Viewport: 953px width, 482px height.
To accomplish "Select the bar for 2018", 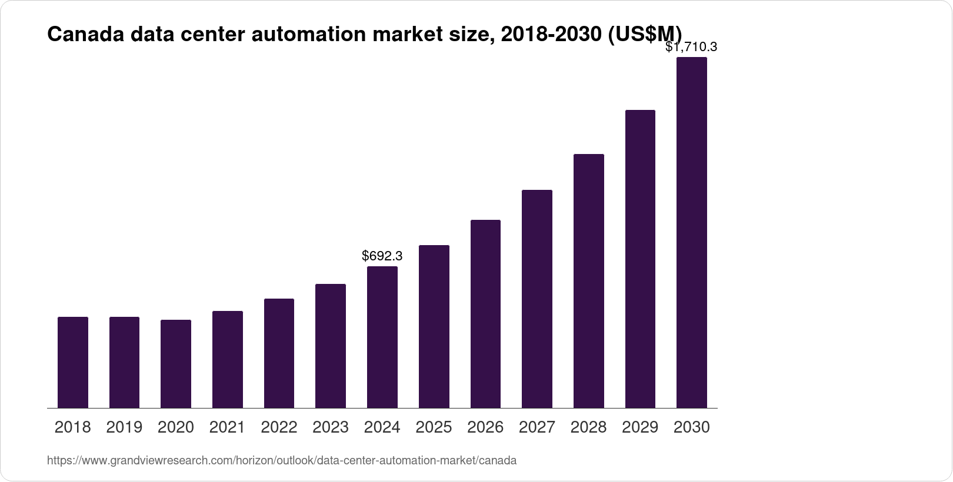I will pos(73,362).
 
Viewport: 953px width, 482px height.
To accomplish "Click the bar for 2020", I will pos(176,364).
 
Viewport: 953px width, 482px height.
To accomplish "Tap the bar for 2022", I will pos(279,353).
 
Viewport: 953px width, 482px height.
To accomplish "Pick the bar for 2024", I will pos(382,337).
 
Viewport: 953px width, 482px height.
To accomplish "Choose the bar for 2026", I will pos(485,314).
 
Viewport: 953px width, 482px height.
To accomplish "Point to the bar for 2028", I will pos(589,281).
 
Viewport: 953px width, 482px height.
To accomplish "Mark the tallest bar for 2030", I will pos(692,232).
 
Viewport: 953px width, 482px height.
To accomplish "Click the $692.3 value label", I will pos(382,256).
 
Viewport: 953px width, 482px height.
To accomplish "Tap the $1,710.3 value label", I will pos(691,47).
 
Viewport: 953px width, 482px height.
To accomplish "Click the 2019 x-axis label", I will pos(124,427).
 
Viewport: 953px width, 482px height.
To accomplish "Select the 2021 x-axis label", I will pos(227,427).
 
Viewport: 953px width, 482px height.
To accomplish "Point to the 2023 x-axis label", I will pos(331,427).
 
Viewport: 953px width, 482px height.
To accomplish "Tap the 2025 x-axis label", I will pos(434,427).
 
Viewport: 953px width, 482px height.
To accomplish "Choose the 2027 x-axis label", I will pos(537,427).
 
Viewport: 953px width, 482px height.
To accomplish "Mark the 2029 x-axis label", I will pos(640,427).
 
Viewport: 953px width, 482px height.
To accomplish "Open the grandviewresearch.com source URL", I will pos(282,461).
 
